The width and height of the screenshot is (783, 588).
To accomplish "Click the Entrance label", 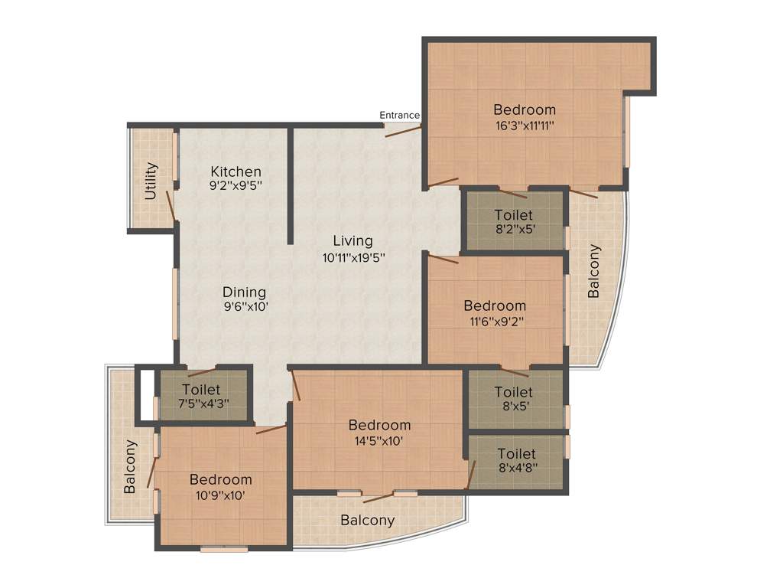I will click(399, 116).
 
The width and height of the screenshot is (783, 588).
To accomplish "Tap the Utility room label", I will click(151, 181).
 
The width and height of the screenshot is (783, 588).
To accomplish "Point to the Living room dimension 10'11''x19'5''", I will click(353, 258).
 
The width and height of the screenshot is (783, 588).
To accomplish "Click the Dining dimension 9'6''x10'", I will click(245, 305).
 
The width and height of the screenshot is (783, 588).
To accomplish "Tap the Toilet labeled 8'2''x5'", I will click(513, 221).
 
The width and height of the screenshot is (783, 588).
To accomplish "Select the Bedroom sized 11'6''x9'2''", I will click(495, 313).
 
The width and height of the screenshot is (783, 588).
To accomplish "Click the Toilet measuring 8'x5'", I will click(513, 398).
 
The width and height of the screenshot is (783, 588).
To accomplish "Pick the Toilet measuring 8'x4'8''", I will click(516, 461).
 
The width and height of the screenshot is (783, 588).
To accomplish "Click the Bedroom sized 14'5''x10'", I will click(379, 432).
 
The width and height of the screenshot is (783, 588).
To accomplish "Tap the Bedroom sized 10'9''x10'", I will click(220, 487).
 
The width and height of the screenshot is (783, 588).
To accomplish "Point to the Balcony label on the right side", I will click(594, 271).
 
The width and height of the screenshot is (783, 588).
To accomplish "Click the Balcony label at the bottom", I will click(368, 521).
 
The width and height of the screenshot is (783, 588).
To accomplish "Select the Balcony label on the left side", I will click(131, 465).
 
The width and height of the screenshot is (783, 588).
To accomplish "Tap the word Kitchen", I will click(236, 171).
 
